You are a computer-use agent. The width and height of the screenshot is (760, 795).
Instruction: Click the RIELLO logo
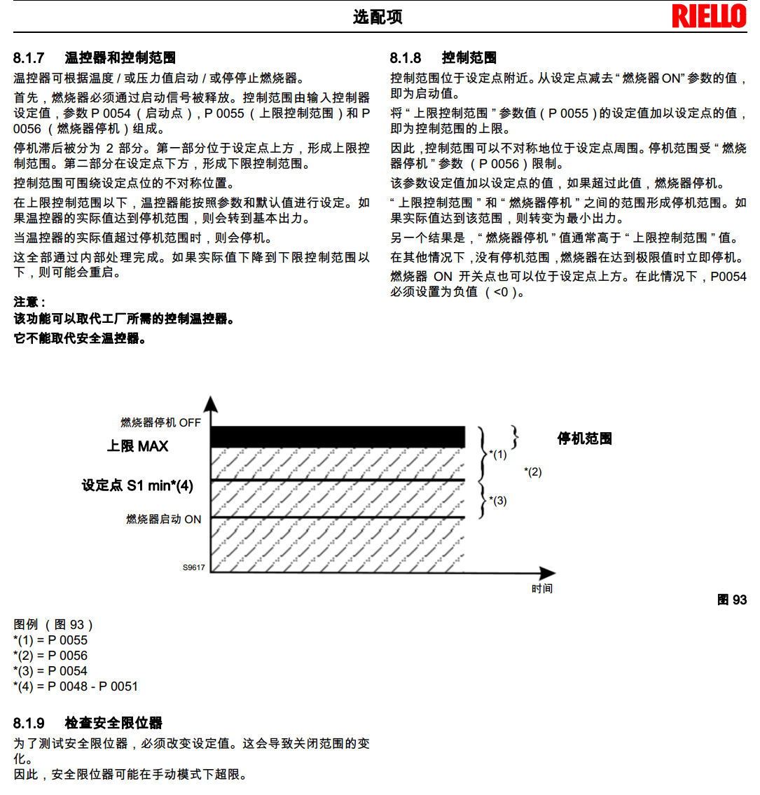(709, 16)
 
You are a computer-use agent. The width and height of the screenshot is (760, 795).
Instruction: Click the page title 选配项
(378, 18)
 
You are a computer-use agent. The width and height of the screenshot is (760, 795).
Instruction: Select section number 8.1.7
(29, 57)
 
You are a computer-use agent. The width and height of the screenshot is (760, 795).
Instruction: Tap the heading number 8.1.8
(406, 57)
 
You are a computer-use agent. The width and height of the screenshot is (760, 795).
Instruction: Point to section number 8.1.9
(29, 723)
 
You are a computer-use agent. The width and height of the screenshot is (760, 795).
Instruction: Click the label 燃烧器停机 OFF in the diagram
(160, 422)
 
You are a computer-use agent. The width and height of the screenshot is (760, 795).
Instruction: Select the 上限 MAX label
(137, 446)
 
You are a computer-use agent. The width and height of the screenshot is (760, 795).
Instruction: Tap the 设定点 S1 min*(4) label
(137, 485)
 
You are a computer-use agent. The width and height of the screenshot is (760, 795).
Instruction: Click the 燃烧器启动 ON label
(163, 519)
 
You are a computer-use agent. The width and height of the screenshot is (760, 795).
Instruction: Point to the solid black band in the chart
(338, 436)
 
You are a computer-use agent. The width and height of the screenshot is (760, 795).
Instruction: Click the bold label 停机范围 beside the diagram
(584, 439)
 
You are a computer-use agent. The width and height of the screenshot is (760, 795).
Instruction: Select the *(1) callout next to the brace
(498, 455)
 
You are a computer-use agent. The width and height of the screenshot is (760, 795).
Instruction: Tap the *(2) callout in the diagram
(532, 472)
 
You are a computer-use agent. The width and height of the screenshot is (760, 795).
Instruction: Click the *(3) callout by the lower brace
(498, 501)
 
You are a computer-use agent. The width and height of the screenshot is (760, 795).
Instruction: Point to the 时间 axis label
(541, 588)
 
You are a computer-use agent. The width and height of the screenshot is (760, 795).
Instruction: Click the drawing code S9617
(194, 567)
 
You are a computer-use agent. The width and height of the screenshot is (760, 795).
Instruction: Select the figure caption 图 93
(732, 600)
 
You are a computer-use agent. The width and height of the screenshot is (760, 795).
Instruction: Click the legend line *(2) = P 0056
(50, 656)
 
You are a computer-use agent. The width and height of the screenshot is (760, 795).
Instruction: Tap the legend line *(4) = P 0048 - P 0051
(76, 686)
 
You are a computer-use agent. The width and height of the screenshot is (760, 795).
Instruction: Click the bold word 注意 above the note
(28, 302)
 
